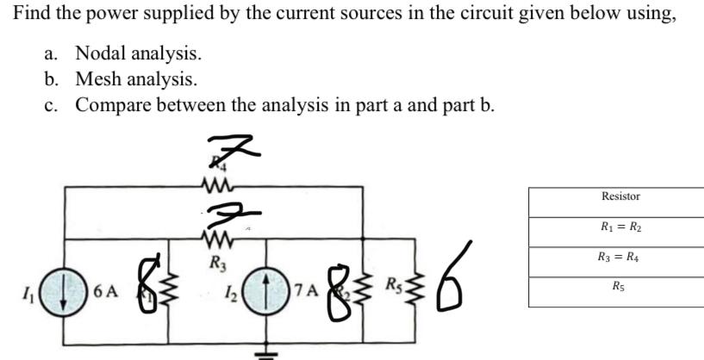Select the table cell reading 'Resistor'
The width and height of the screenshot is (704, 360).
(x=620, y=196)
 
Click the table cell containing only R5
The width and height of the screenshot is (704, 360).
(x=620, y=285)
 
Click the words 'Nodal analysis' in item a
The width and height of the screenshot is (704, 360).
(x=139, y=53)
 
